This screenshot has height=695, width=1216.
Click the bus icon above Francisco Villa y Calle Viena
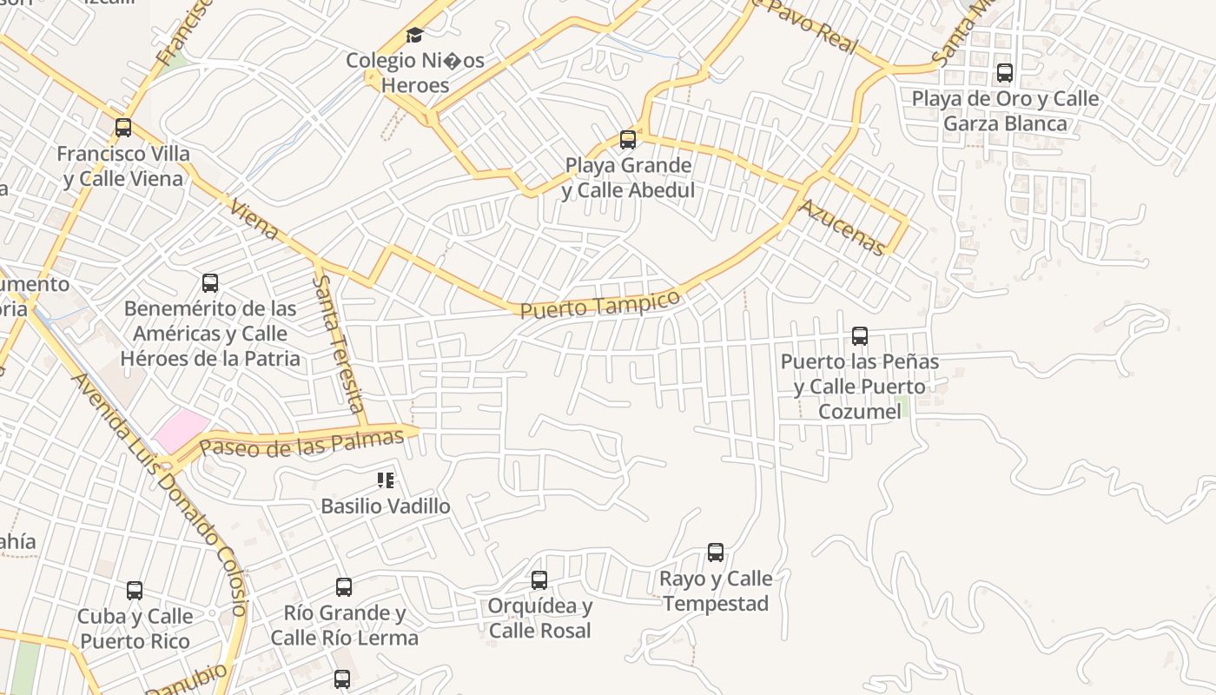click(x=123, y=128)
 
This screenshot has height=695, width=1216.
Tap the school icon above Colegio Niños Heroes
click(x=415, y=36)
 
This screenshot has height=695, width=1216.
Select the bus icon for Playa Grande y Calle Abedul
click(x=628, y=139)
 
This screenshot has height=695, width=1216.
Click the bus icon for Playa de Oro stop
click(x=1005, y=73)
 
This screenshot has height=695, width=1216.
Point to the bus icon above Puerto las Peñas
click(x=860, y=336)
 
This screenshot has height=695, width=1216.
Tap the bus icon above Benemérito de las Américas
click(x=210, y=282)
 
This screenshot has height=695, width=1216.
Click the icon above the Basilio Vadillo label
click(x=386, y=480)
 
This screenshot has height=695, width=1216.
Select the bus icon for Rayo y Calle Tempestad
click(x=716, y=553)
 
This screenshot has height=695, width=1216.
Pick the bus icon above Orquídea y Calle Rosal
click(x=539, y=579)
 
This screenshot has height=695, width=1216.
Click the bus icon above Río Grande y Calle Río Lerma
click(x=344, y=587)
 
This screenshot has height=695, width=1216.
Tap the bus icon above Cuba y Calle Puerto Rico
click(x=135, y=591)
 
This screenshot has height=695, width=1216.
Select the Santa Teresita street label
click(x=339, y=345)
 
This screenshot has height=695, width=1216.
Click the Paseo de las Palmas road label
click(x=301, y=443)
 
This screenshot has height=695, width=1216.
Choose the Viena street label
click(x=254, y=219)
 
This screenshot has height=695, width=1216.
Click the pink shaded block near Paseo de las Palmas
click(x=182, y=430)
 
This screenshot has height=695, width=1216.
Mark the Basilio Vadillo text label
click(x=386, y=506)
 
